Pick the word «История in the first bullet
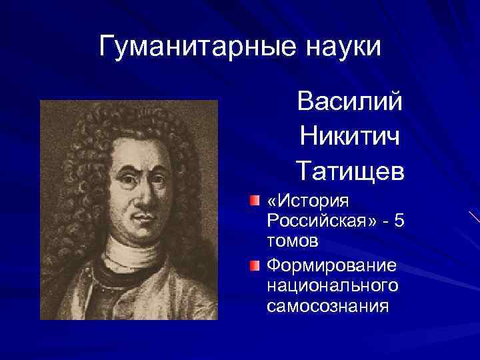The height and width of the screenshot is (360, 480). pos(304,201)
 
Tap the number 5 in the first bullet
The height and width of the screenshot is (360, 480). pos(398,221)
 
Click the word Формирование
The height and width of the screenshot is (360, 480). pos(331,265)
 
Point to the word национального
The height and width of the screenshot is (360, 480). pos(332,286)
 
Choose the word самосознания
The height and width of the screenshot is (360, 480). pos(327,306)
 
